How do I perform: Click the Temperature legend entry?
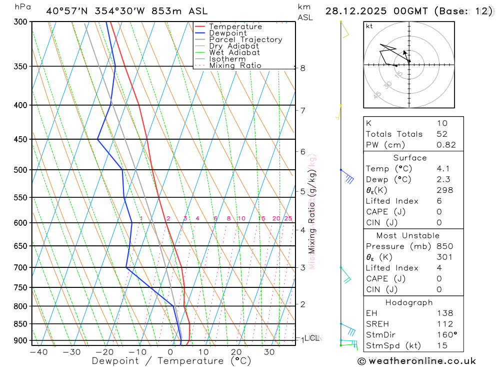point(235,27)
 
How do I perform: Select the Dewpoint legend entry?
point(227,33)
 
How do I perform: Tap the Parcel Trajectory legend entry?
point(245,40)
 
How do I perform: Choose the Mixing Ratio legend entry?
point(235,66)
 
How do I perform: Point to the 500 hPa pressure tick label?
point(20,170)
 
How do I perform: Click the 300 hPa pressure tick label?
point(20,22)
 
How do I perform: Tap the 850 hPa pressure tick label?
point(20,324)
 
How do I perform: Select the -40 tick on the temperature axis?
point(38,352)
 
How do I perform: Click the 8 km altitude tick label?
point(303,68)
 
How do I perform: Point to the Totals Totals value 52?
point(442,134)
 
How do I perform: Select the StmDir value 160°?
point(445,335)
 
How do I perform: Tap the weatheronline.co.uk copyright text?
point(417,361)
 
